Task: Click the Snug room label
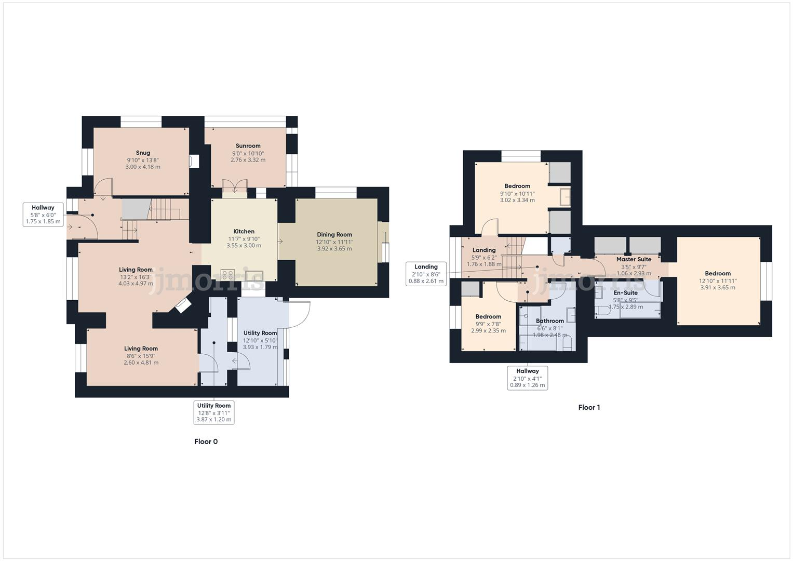click(143, 153)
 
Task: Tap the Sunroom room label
click(248, 146)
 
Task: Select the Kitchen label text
click(244, 232)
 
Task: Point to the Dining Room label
click(334, 235)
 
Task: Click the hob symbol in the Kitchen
click(227, 274)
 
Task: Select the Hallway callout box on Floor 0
click(43, 215)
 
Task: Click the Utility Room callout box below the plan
click(214, 412)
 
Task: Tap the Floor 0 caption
click(206, 442)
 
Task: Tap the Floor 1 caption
click(589, 407)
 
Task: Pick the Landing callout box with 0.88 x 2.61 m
click(426, 274)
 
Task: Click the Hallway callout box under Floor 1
click(527, 378)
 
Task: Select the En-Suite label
click(625, 293)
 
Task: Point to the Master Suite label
click(634, 259)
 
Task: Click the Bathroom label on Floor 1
click(549, 321)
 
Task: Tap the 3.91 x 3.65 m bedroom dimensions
click(718, 287)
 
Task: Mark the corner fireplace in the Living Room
click(183, 306)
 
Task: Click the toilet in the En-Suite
click(602, 311)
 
